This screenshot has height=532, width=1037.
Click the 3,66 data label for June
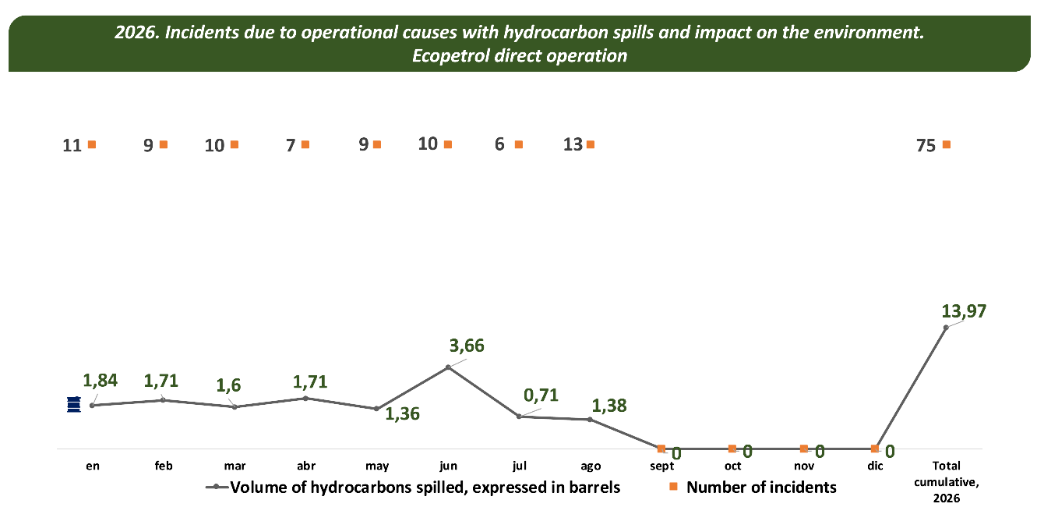[x=467, y=346]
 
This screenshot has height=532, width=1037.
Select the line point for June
[x=448, y=367]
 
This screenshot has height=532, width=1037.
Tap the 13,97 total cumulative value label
[x=964, y=311]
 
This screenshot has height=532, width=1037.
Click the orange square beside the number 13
[x=591, y=144]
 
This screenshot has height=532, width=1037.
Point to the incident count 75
[x=926, y=146]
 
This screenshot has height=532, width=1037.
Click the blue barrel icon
[x=74, y=405]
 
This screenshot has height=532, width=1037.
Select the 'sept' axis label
[x=662, y=466]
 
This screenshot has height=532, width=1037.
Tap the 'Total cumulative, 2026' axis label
[x=947, y=482]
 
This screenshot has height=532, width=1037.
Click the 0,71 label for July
[x=541, y=395]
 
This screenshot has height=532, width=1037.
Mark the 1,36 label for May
[x=402, y=414]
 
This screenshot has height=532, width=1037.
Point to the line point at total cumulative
[x=946, y=328]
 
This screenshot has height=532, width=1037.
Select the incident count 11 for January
[x=72, y=146]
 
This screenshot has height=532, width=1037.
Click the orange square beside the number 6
[x=519, y=144]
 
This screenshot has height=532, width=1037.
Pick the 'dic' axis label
[x=875, y=466]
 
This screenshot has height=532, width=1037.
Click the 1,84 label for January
[x=100, y=381]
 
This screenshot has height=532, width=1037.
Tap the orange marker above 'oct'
[x=732, y=449]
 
